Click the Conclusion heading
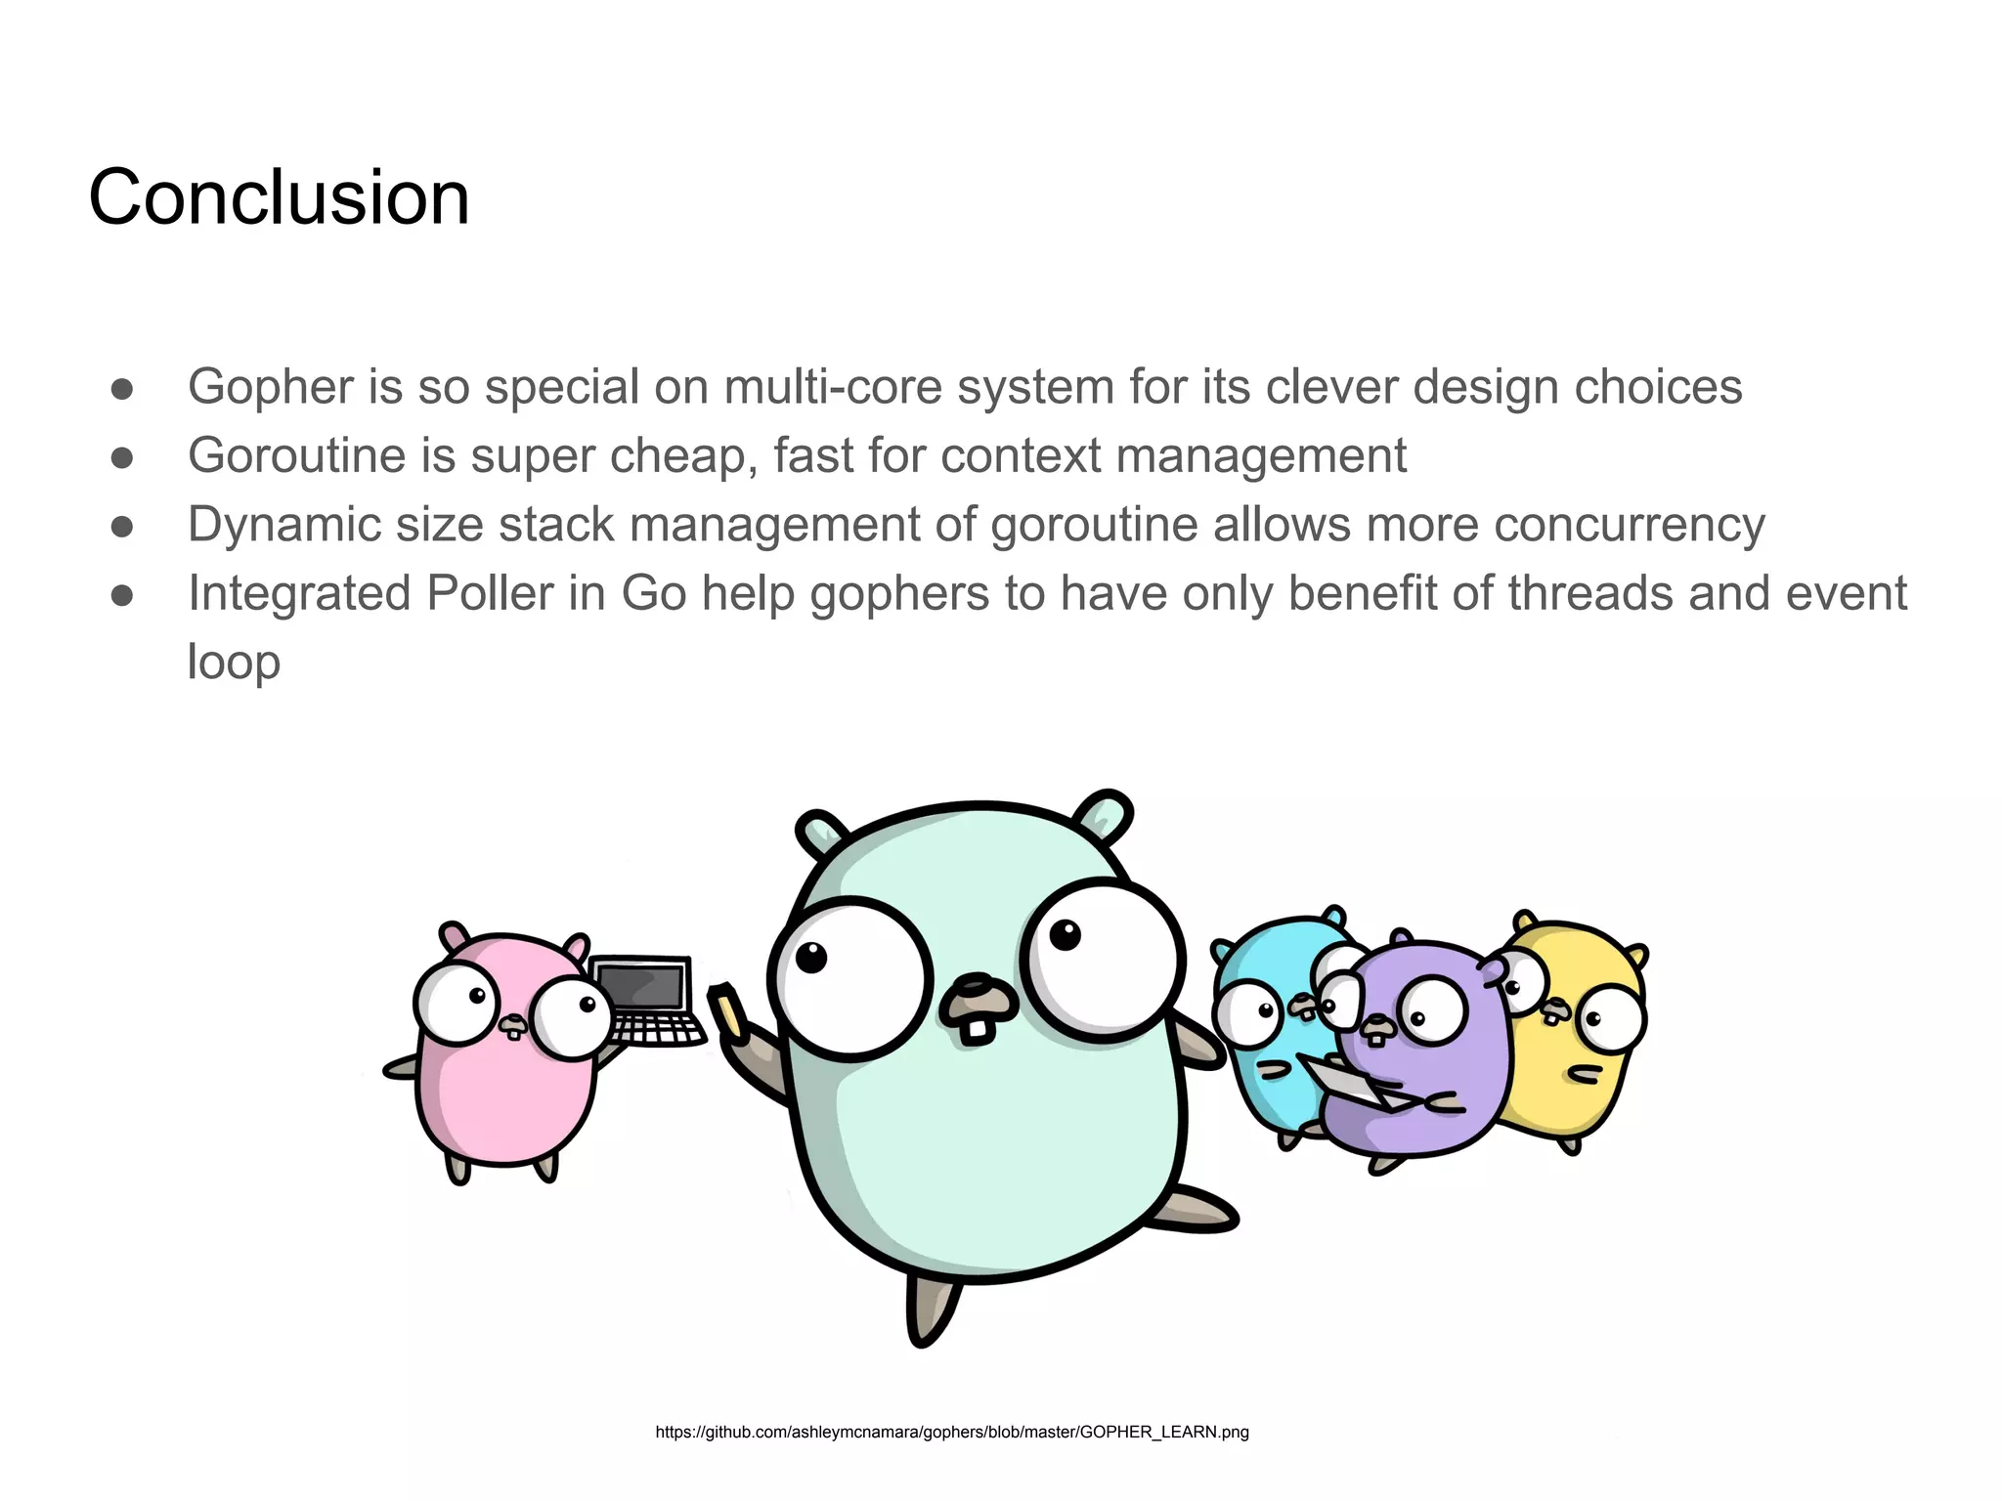coord(279,197)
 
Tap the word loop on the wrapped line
coord(234,662)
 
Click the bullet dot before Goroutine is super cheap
coord(122,457)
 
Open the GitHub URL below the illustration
coord(951,1432)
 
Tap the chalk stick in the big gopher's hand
coord(727,1008)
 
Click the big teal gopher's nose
coord(980,994)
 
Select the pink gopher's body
coord(503,1094)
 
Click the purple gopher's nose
coord(1378,1024)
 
